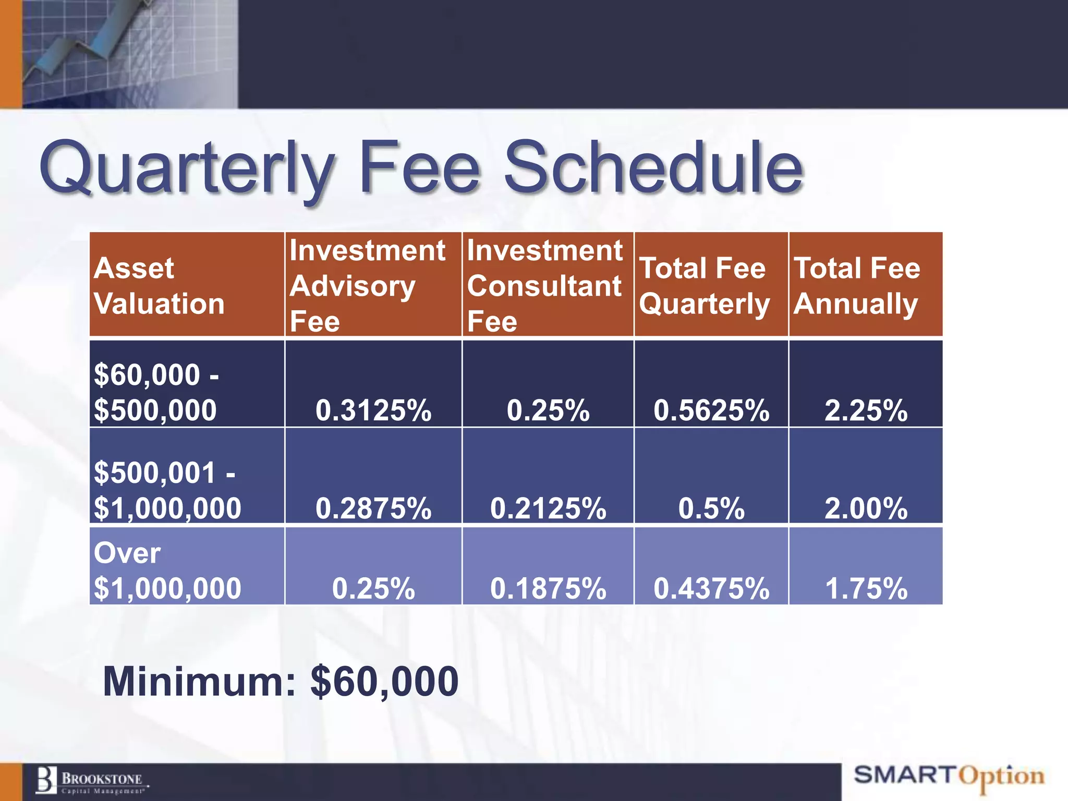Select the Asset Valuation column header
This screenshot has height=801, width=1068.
pos(160,286)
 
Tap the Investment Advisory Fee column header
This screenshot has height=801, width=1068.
pos(367,285)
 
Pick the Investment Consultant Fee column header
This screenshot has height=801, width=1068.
pos(544,285)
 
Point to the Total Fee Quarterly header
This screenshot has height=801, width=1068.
pos(704,286)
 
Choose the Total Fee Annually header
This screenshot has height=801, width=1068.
pos(857,286)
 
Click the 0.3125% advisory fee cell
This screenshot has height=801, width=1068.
pos(373,410)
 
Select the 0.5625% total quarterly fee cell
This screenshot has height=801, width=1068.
pos(711,410)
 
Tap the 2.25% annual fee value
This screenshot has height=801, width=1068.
pos(866,410)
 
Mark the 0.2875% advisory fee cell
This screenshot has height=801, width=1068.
pos(373,508)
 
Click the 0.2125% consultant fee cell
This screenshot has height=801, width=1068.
pos(548,508)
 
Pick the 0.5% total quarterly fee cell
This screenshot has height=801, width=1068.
pos(711,508)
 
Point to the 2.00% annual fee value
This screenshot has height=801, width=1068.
pos(866,508)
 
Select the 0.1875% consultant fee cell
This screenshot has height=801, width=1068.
pos(548,588)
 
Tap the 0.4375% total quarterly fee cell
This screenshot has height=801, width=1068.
pos(711,588)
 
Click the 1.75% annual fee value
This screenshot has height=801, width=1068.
pos(866,588)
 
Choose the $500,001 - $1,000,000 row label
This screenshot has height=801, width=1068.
pos(167,490)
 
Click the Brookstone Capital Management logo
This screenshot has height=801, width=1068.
pos(92,781)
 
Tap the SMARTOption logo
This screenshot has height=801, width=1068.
pos(949,776)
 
